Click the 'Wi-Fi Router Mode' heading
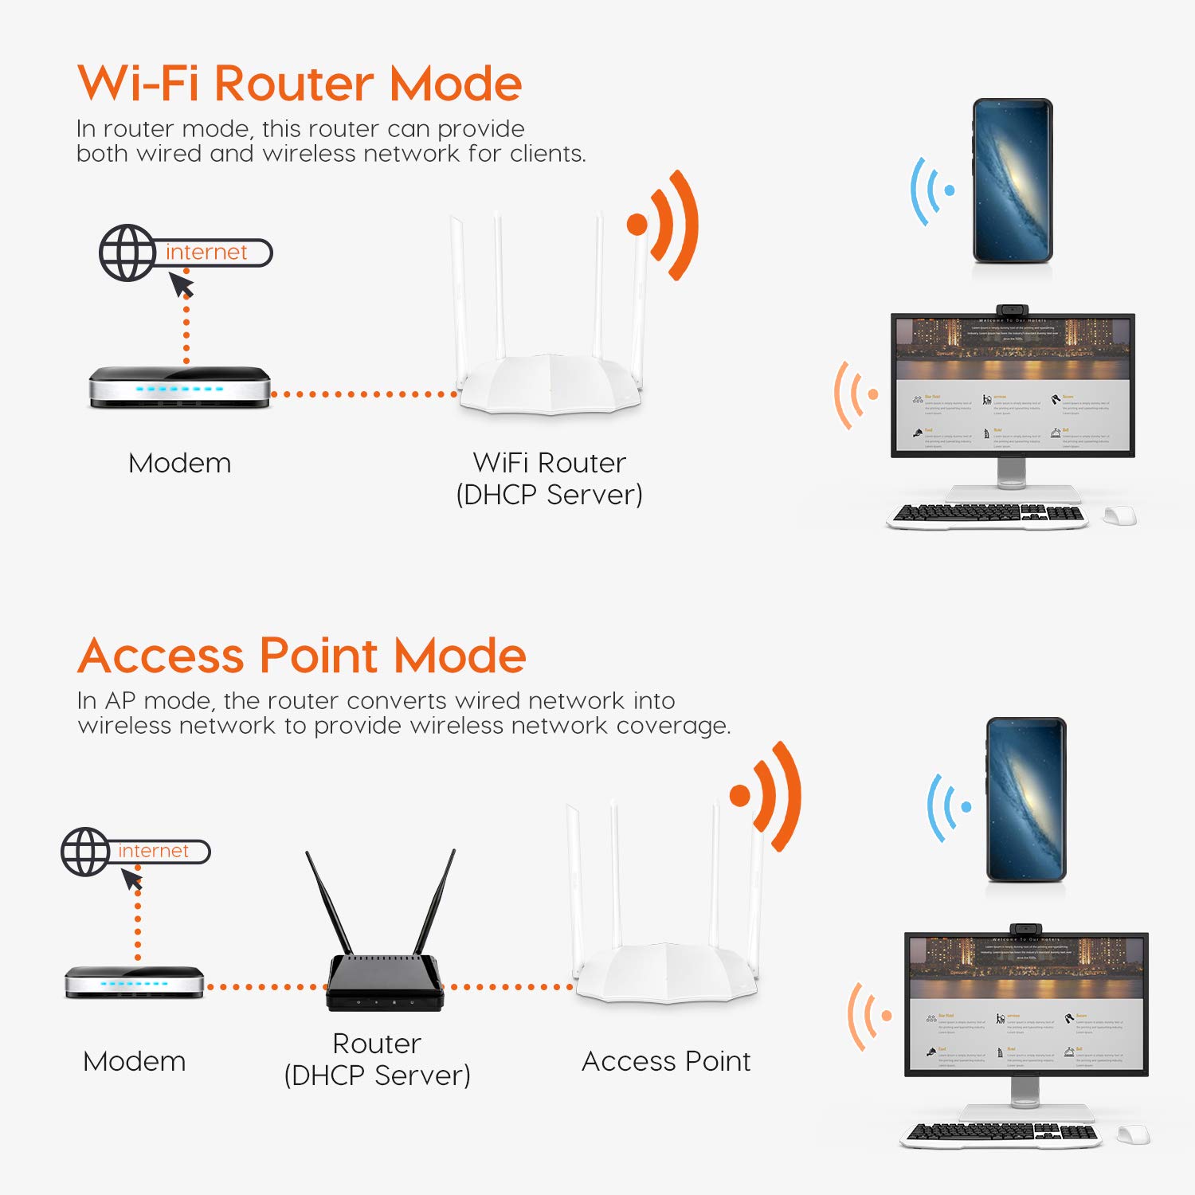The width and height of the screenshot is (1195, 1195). click(300, 83)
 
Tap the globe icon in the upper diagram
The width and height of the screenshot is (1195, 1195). click(127, 253)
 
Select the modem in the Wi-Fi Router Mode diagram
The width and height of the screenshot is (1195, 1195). click(179, 387)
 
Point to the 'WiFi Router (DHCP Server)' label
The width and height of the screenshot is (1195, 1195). click(549, 478)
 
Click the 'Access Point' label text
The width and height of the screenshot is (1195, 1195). click(666, 1061)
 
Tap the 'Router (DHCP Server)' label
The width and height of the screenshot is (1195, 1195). click(378, 1059)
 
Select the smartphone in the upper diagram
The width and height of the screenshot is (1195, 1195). click(1013, 181)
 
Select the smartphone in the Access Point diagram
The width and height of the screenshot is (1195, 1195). click(1026, 799)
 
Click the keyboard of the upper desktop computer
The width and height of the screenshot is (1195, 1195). click(988, 515)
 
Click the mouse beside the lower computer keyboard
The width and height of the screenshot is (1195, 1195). click(1134, 1134)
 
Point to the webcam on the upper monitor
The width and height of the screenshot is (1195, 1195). click(1012, 309)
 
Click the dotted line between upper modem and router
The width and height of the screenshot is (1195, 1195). click(364, 394)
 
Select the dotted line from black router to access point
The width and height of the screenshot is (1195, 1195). click(507, 987)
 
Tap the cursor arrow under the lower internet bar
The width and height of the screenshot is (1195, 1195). click(132, 880)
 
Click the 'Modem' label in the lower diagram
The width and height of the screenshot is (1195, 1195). click(135, 1061)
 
